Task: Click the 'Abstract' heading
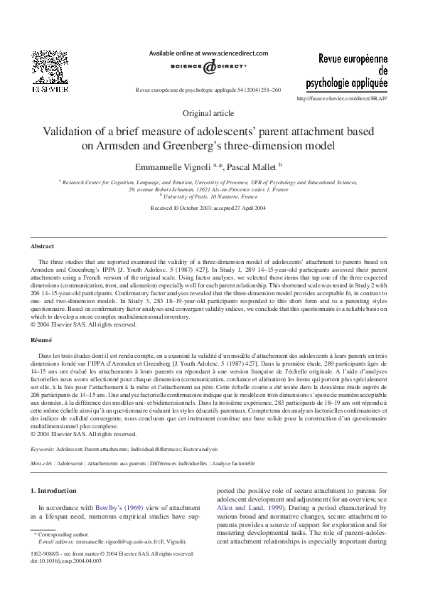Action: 42,245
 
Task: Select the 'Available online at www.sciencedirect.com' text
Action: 208,53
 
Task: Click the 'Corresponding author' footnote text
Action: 67,533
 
